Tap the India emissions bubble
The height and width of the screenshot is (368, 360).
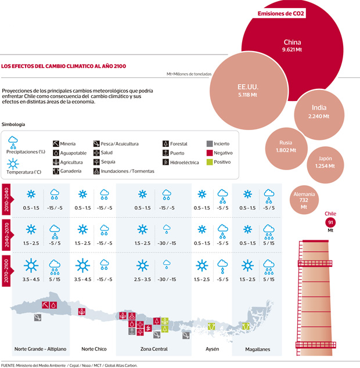[319, 111]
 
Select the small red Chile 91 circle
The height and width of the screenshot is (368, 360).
[330, 222]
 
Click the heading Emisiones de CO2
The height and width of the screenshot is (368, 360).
[281, 13]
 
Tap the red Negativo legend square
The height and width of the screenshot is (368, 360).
[210, 153]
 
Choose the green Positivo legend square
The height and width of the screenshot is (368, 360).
[210, 163]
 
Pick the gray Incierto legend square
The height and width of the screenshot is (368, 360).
[210, 143]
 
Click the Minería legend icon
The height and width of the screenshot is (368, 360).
[56, 143]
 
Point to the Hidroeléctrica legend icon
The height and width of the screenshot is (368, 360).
[165, 163]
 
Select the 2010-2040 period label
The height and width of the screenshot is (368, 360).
[6, 200]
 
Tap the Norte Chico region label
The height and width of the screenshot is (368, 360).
[94, 349]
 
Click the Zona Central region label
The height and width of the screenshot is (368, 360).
[154, 349]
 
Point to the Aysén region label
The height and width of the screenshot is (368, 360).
[212, 349]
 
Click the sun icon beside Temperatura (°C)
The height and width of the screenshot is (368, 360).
[13, 163]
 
